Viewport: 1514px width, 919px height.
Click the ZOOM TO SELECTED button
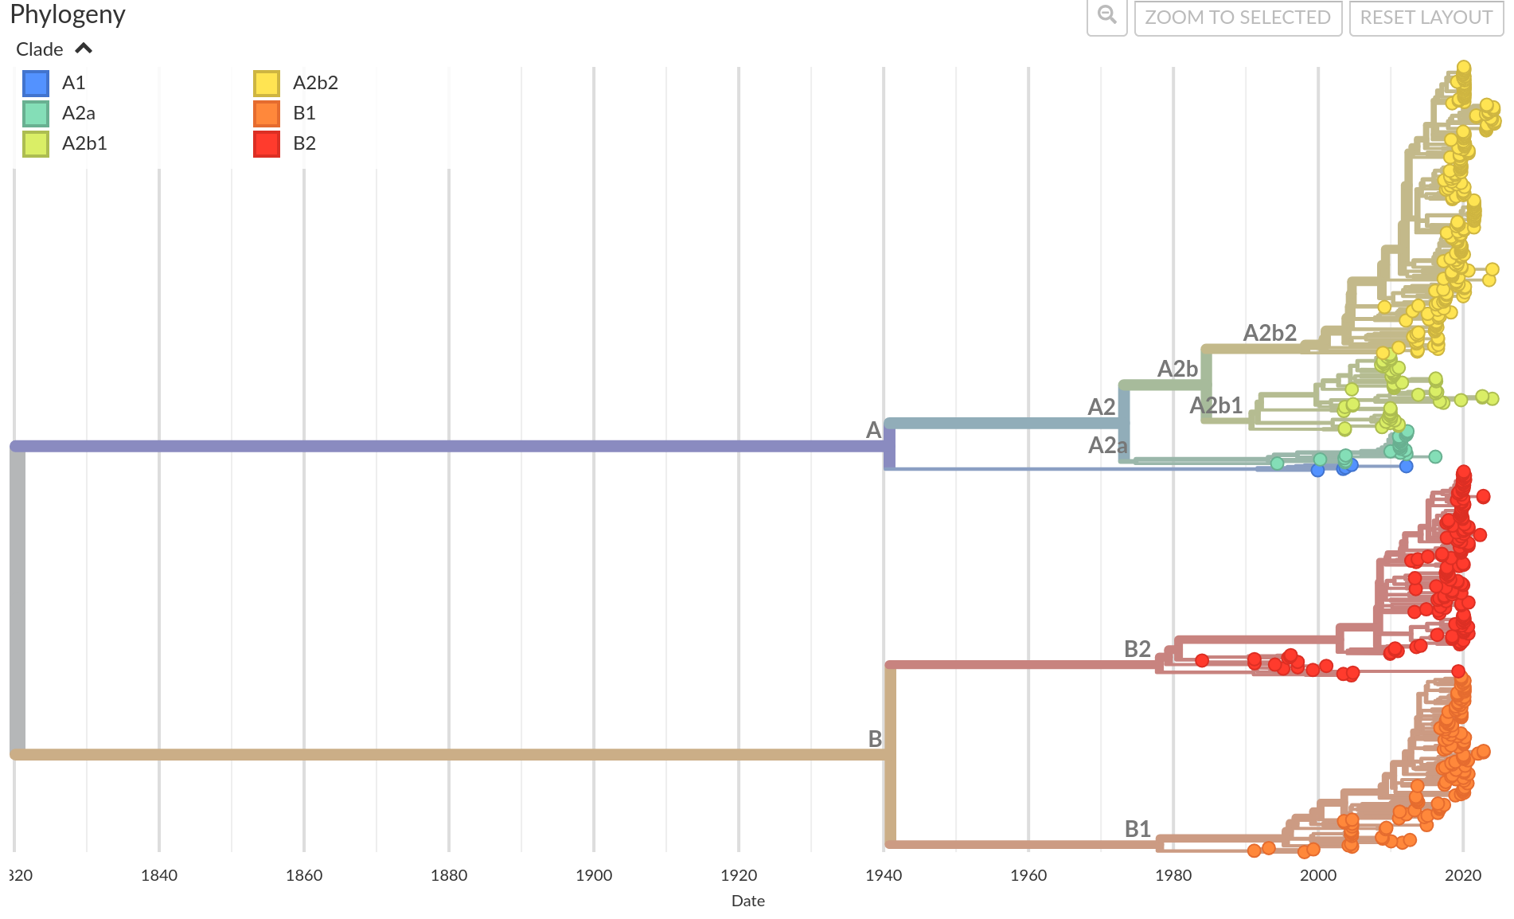coord(1238,18)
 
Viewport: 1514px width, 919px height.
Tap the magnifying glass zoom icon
coord(1106,16)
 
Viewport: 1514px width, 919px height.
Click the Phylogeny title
coord(68,14)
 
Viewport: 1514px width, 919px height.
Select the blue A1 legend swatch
coord(36,83)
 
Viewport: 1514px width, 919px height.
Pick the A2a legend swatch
coord(36,113)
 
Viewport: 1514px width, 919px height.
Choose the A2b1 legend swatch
coord(36,143)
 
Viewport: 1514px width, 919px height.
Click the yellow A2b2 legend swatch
coord(267,83)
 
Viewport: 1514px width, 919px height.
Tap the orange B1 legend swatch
coord(267,113)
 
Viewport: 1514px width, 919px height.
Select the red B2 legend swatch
coord(267,143)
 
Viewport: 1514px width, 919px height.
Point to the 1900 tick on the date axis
coord(594,875)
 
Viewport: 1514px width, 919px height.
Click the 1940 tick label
coord(884,875)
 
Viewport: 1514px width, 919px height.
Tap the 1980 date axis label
coord(1173,875)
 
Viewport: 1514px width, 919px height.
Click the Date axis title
coord(747,901)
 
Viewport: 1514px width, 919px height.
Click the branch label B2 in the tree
coord(1137,649)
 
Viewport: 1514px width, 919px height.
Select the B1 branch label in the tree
coord(1137,829)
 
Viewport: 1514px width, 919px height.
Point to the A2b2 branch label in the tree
coord(1270,333)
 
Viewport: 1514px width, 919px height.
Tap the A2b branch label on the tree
coord(1176,369)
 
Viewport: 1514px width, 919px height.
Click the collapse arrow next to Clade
coord(84,49)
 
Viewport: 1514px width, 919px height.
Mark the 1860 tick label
coord(304,875)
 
